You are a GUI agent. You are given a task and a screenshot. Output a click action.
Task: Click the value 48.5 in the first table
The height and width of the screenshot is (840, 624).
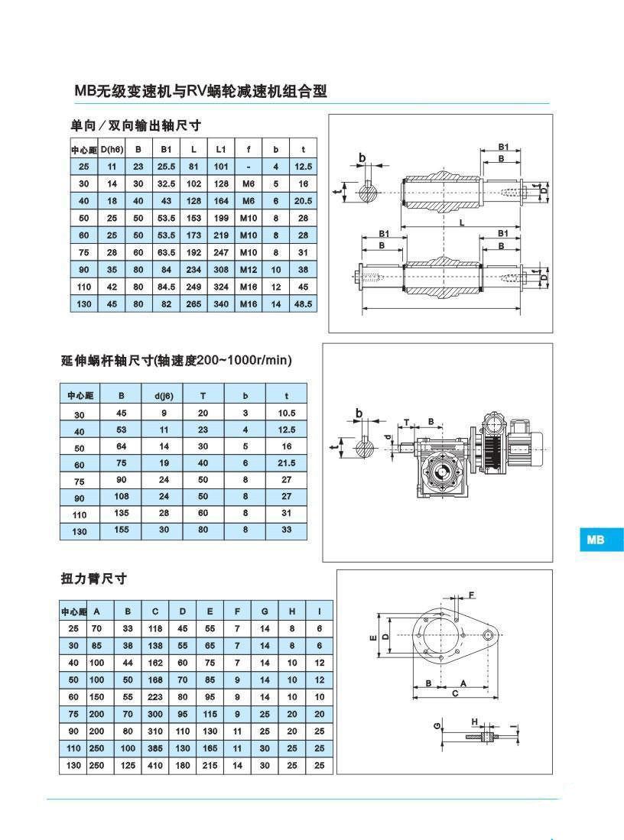click(x=304, y=303)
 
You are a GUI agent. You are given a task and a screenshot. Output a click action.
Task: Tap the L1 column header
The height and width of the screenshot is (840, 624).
click(x=221, y=149)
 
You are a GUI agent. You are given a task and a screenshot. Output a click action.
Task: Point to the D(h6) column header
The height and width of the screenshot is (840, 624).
click(x=112, y=149)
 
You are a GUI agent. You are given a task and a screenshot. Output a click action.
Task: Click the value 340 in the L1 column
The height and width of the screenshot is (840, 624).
click(x=221, y=303)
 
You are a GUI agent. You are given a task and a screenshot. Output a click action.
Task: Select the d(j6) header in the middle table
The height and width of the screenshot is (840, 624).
click(x=163, y=395)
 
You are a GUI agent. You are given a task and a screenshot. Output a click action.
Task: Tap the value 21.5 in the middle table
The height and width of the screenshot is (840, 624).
click(x=287, y=463)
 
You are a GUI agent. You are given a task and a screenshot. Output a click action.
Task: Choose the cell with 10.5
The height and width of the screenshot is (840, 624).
click(x=287, y=413)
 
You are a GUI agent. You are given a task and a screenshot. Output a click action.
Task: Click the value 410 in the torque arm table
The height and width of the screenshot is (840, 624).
click(x=155, y=765)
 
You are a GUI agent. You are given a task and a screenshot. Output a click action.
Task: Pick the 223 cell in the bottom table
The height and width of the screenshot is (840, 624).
click(x=155, y=696)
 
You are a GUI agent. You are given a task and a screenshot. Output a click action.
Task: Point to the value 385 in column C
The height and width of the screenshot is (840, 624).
click(x=155, y=748)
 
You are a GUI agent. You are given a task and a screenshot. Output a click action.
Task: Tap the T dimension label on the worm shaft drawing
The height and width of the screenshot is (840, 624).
click(x=407, y=421)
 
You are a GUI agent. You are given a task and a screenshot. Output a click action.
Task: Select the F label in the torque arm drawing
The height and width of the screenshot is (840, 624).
click(x=472, y=594)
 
